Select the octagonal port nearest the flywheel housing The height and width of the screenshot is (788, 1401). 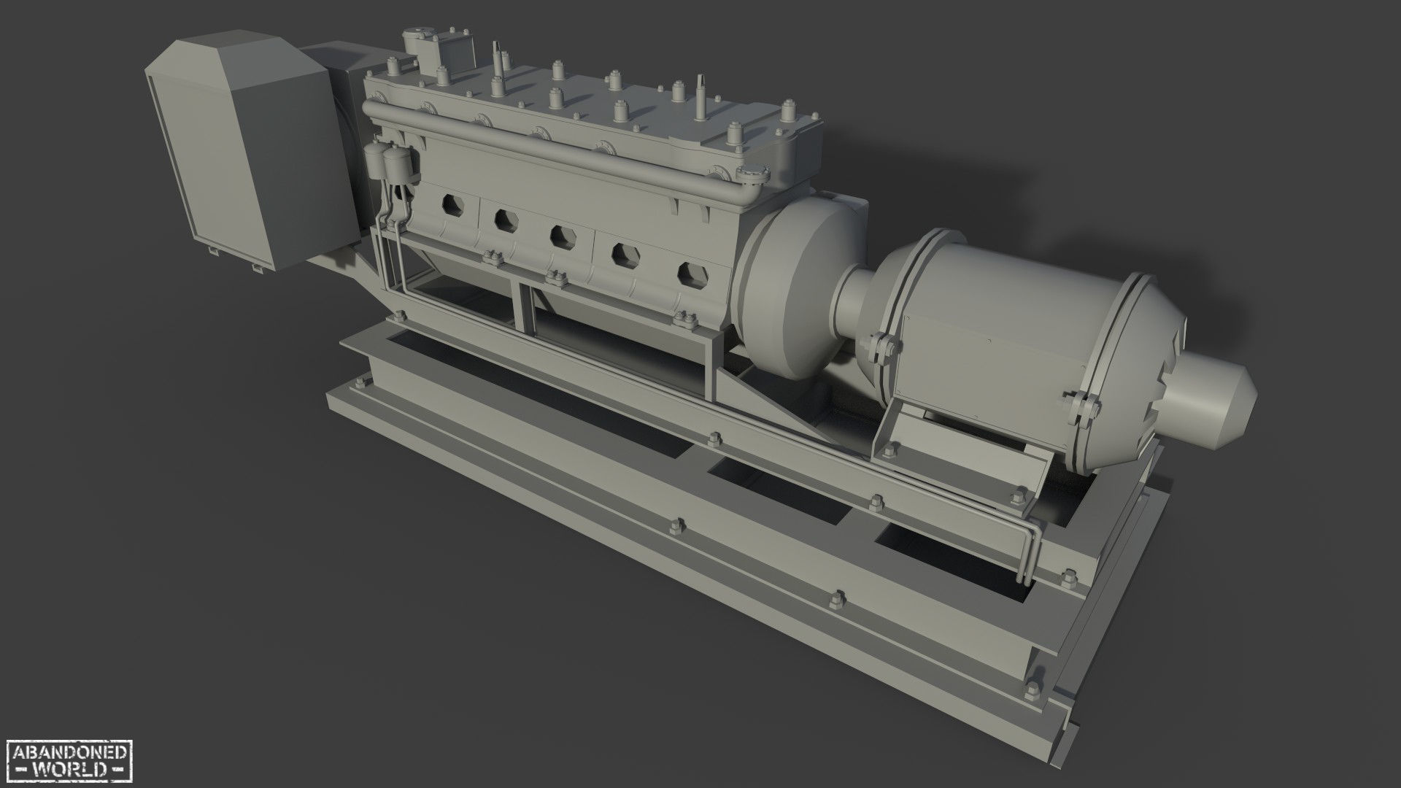click(x=693, y=274)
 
